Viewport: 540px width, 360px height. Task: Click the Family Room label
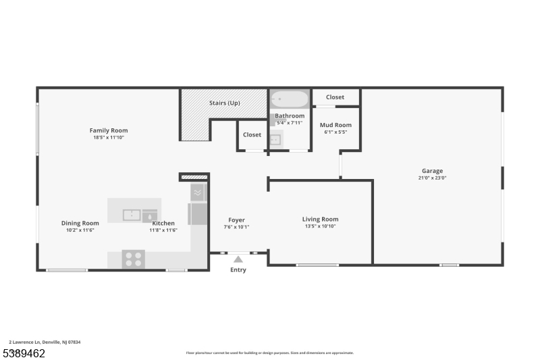point(109,130)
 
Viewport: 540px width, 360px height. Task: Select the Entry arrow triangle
point(238,259)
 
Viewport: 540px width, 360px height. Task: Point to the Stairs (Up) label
point(224,103)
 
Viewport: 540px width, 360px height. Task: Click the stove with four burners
point(133,259)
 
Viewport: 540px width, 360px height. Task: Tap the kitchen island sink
point(132,215)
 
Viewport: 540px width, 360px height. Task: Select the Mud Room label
point(335,125)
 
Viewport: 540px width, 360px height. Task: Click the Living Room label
point(320,219)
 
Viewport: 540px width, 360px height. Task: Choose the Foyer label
point(236,220)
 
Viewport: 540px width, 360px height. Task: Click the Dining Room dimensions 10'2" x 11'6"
point(80,230)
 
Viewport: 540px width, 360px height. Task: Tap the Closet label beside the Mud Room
point(335,97)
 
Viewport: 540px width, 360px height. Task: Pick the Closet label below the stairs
point(252,134)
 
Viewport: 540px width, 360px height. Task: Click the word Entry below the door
point(238,270)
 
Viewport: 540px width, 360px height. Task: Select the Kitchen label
point(163,223)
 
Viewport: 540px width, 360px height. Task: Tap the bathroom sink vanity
point(275,140)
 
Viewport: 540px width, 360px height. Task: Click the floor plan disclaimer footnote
point(269,353)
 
